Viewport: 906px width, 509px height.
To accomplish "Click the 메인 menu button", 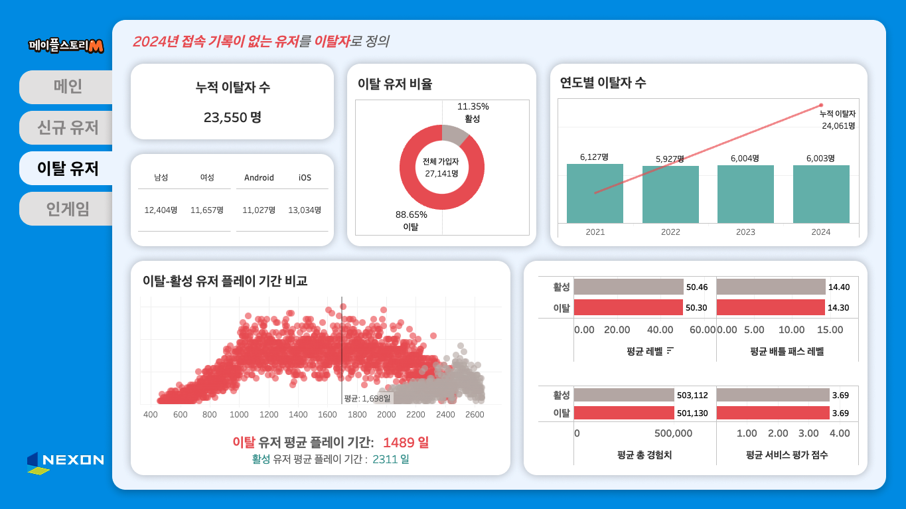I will pos(67,87).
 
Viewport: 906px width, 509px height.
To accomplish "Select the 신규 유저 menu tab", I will pos(67,127).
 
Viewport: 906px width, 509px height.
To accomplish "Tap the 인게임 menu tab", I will pos(67,209).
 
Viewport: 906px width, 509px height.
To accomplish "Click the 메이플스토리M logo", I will pos(66,45).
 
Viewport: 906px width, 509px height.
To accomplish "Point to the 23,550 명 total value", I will pos(232,117).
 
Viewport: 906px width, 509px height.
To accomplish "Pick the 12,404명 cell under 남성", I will pos(161,210).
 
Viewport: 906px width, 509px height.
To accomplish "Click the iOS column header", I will pos(305,178).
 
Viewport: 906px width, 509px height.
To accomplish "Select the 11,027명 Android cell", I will pos(259,210).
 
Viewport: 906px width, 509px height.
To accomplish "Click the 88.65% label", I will pos(412,214).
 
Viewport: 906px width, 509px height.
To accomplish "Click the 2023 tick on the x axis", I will pos(745,232).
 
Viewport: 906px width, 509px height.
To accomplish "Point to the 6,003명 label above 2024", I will pos(820,158).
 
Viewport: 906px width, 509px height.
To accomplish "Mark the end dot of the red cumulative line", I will pos(821,105).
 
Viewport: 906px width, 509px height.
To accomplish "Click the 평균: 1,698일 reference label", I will pos(367,398).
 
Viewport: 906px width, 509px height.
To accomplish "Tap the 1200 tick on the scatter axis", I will pos(269,415).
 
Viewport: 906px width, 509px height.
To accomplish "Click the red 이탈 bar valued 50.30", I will pos(628,308).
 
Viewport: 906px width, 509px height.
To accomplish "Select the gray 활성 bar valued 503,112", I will pos(624,396).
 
